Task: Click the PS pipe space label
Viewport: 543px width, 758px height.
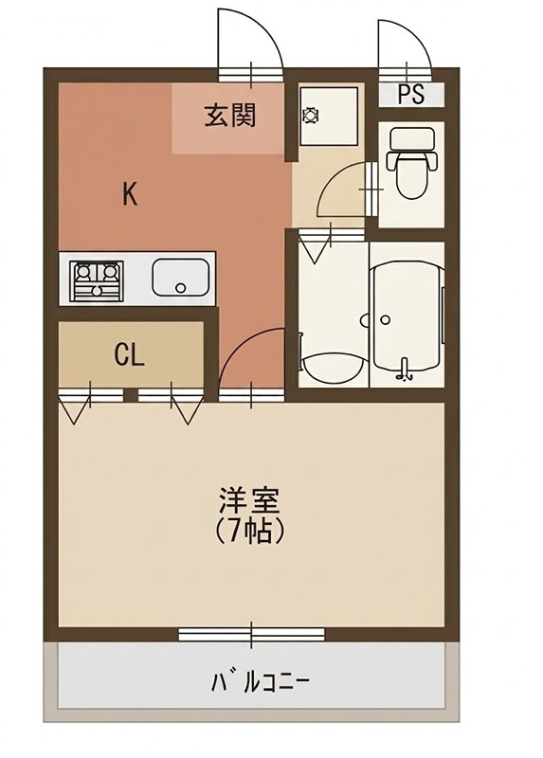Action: pos(410,94)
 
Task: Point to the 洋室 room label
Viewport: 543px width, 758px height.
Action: pos(250,500)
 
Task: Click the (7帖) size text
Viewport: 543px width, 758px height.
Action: pos(250,531)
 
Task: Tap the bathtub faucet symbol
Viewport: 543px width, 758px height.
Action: pos(407,370)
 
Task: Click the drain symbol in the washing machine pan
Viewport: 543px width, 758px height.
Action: pos(310,116)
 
